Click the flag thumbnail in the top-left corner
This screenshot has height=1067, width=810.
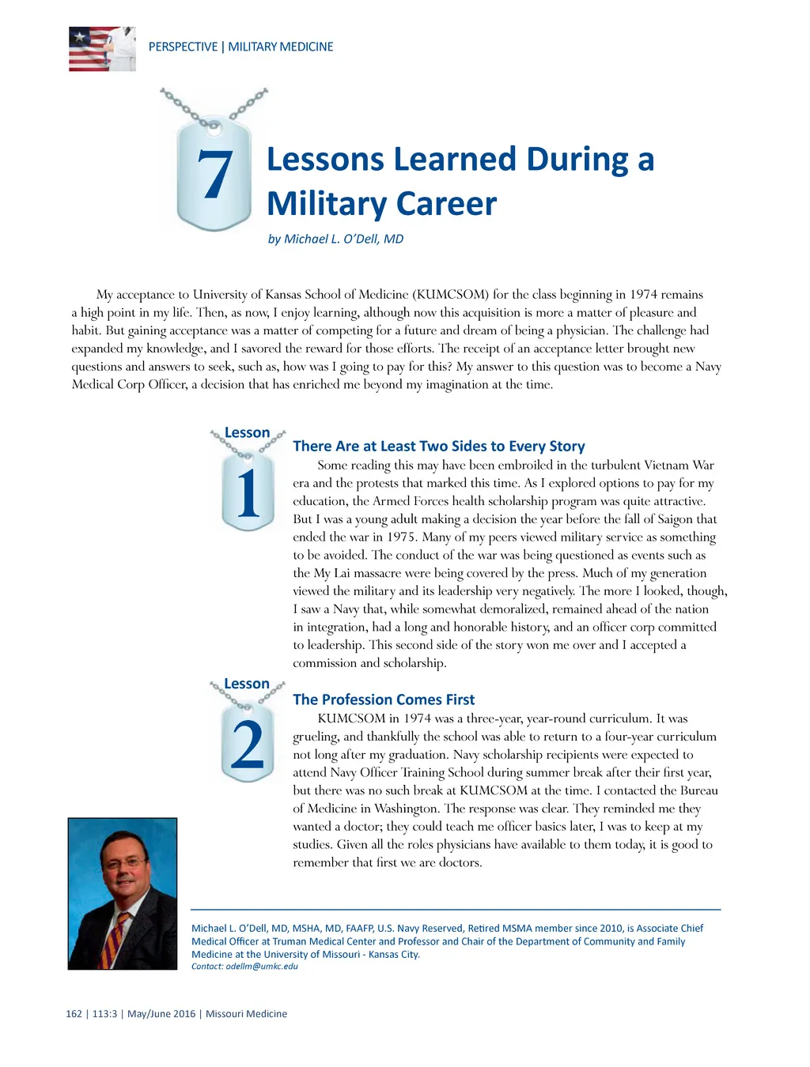point(102,49)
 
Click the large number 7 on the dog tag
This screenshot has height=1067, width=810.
point(214,175)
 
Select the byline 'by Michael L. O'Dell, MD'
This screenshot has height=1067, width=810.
point(335,239)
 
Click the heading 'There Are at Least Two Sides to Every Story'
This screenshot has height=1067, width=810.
point(439,446)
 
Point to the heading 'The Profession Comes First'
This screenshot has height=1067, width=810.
point(384,699)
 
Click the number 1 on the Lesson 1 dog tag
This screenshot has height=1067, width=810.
point(248,494)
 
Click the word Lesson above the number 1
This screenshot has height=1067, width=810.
point(247,432)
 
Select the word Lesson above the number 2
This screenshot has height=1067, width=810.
point(247,684)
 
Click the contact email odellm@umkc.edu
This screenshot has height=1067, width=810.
point(262,966)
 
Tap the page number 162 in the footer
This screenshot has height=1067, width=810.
point(74,1014)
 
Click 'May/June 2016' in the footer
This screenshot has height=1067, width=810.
point(161,1014)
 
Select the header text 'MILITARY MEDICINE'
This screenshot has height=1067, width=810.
point(281,47)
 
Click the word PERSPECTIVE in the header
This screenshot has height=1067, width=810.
point(183,47)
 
